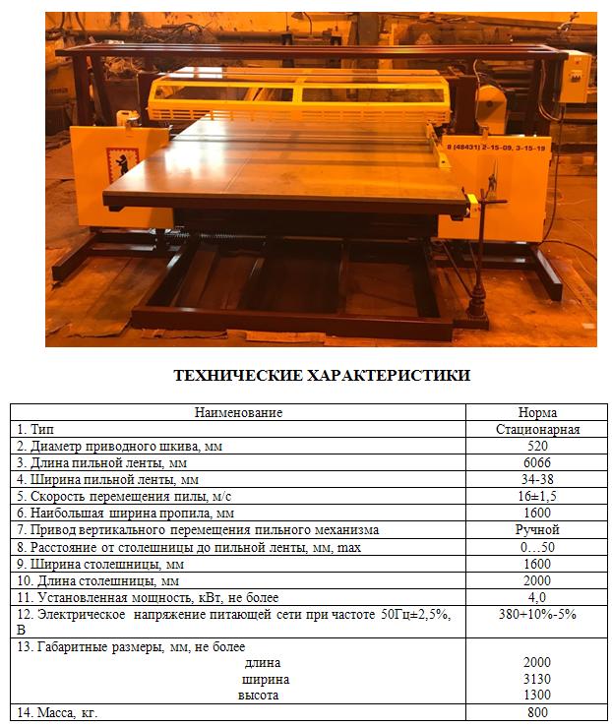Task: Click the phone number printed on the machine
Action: [498, 147]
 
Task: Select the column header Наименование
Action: [238, 412]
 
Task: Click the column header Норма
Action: [537, 412]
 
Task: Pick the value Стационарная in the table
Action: [537, 429]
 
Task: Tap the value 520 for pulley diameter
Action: [537, 446]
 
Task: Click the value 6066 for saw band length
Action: [537, 462]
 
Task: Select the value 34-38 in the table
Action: [537, 479]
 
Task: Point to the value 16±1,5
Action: [537, 496]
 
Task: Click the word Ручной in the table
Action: [537, 529]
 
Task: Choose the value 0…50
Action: [537, 546]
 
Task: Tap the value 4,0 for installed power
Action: [537, 596]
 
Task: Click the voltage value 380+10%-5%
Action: [537, 614]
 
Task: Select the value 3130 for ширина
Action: [537, 679]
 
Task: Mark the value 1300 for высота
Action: [537, 695]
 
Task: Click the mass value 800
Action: [537, 712]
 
